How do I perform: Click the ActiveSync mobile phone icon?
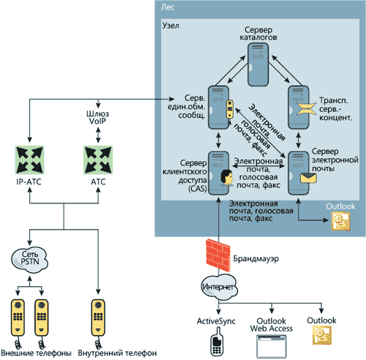217,341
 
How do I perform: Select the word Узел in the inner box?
171,26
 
